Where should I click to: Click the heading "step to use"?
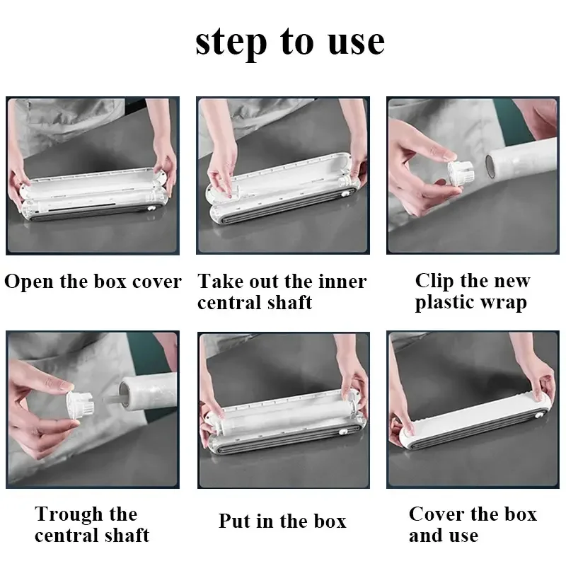pyautogui.click(x=290, y=42)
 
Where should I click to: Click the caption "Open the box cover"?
pyautogui.click(x=93, y=282)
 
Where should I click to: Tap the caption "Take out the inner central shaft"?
pyautogui.click(x=282, y=291)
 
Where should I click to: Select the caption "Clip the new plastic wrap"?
pyautogui.click(x=473, y=291)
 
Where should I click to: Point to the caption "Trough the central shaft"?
pyautogui.click(x=92, y=524)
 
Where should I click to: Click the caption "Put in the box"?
pyautogui.click(x=282, y=521)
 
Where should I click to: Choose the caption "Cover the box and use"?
pyautogui.click(x=473, y=524)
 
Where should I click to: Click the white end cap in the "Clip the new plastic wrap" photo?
pyautogui.click(x=461, y=173)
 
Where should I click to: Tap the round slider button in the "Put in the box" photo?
pyautogui.click(x=342, y=432)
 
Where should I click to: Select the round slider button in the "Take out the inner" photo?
pyautogui.click(x=345, y=194)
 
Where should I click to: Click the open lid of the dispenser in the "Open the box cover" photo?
pyautogui.click(x=93, y=183)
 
